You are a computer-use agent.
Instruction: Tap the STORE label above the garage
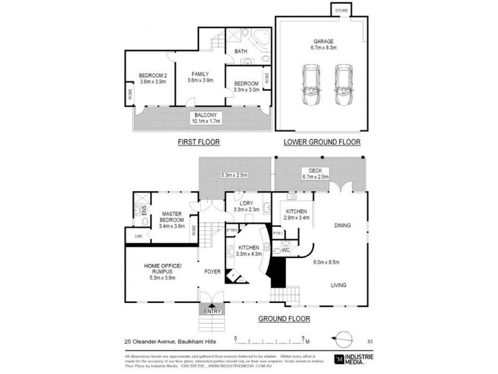(341, 11)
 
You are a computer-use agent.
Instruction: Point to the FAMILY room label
(200, 77)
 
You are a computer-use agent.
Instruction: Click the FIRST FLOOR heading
(199, 142)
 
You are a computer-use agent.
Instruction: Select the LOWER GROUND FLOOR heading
(322, 142)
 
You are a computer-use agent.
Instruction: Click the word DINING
(344, 226)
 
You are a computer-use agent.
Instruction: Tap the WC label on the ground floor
(286, 250)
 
